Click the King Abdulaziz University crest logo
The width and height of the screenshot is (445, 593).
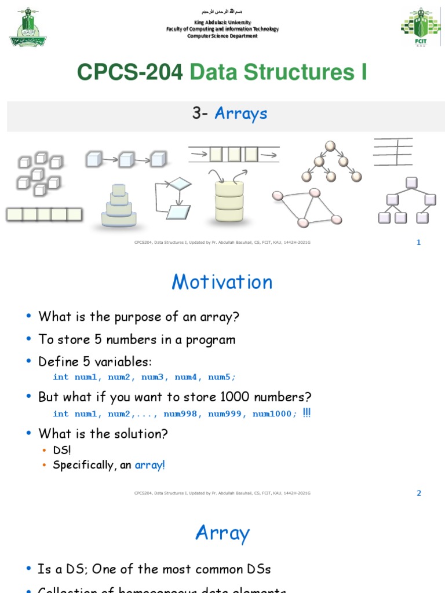tap(28, 27)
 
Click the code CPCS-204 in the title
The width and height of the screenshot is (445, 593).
tap(130, 73)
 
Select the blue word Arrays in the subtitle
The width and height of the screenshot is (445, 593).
tap(241, 114)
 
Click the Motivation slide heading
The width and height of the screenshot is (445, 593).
tap(222, 282)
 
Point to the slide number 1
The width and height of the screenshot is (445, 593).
tap(419, 242)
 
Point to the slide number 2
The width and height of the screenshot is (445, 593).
tap(419, 493)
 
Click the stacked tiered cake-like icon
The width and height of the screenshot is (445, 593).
tap(119, 206)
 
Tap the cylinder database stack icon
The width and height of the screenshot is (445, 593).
tap(229, 201)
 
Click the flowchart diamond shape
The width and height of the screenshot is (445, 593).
tap(180, 185)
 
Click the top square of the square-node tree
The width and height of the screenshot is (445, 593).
tap(411, 183)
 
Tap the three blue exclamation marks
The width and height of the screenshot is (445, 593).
tap(307, 412)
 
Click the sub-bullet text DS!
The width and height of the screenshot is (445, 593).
tap(61, 450)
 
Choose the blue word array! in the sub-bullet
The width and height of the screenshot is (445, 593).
tap(150, 465)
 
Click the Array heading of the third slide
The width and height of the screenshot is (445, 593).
tap(222, 533)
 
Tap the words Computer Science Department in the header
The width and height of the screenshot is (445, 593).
tap(222, 36)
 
